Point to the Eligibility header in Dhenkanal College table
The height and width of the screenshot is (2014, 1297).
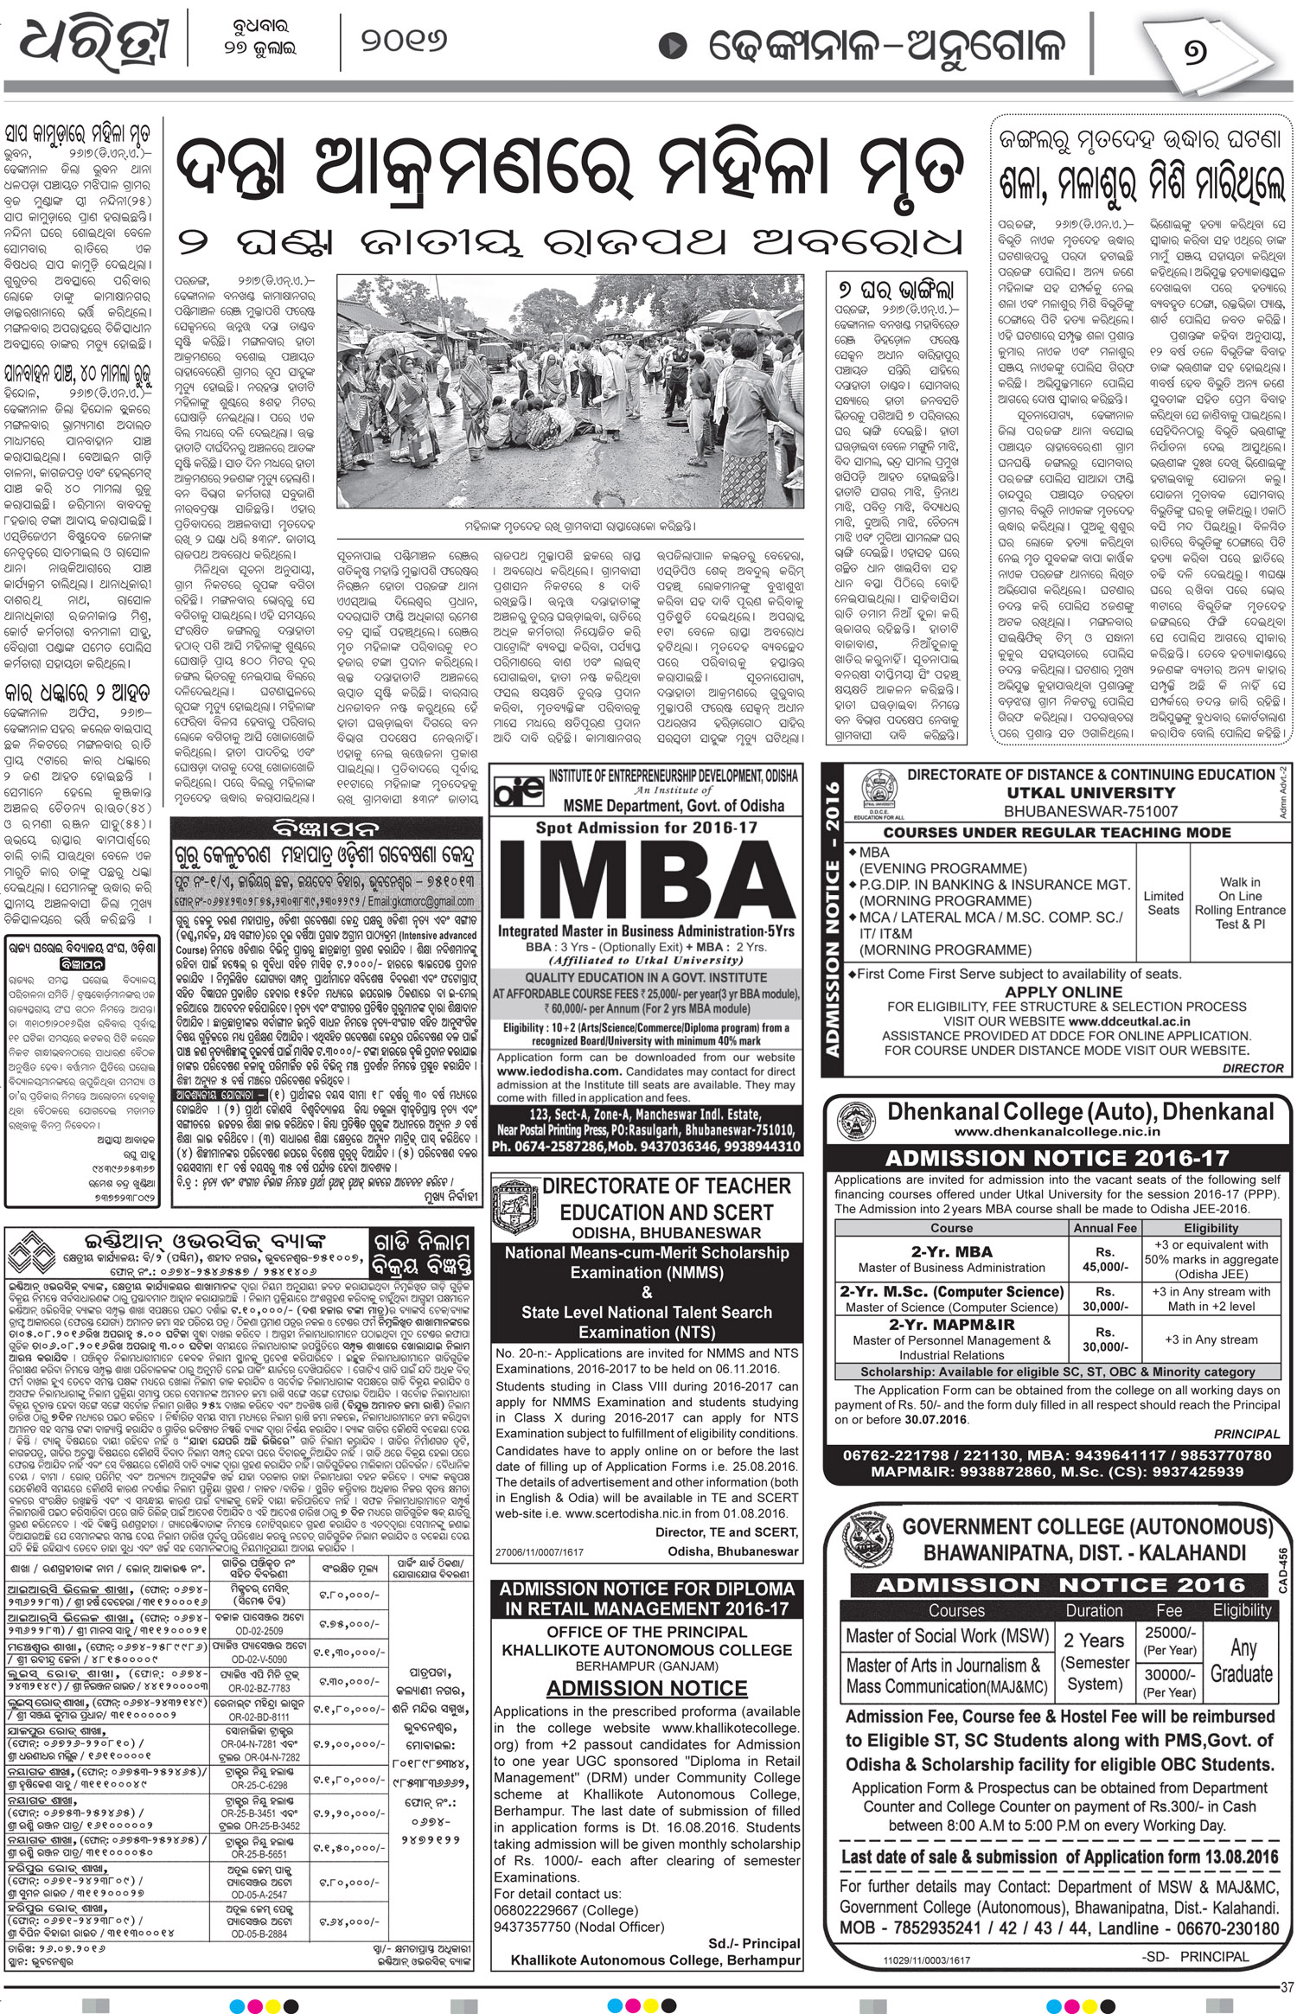point(1211,1228)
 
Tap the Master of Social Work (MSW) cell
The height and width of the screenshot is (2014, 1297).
point(946,1635)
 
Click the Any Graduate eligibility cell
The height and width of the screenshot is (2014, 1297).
point(1241,1659)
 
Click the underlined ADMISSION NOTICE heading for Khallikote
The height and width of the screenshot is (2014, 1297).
point(647,1688)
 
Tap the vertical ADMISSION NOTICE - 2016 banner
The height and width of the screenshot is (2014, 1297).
point(834,917)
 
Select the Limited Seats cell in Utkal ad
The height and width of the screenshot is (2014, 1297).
point(1163,903)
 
